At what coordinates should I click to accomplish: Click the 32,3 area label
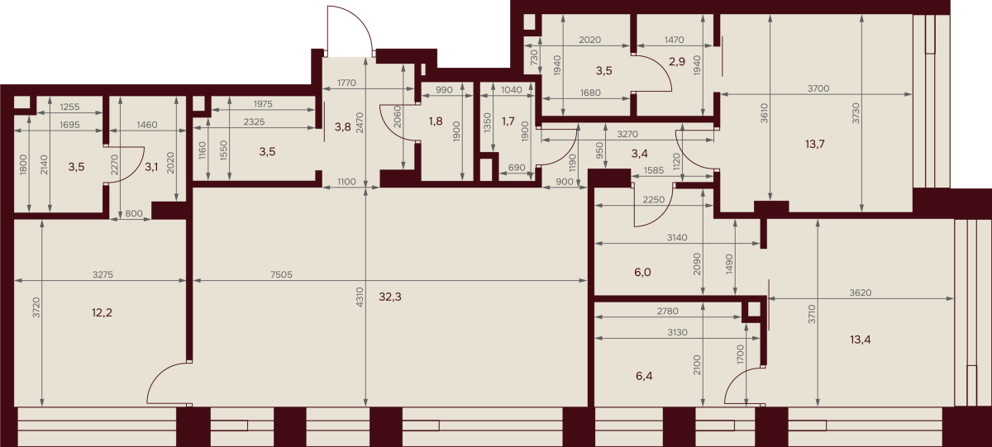point(389,297)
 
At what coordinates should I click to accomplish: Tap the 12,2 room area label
point(102,313)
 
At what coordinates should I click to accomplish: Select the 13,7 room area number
point(815,145)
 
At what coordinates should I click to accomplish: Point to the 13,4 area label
point(861,340)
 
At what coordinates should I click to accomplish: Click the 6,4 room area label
point(644,376)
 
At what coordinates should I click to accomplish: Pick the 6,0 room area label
point(642,272)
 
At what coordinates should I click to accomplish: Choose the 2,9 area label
point(677,61)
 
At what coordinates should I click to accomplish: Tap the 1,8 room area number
point(436,121)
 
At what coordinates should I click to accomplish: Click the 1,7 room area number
point(508,121)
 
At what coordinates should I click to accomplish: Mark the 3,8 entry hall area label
point(343,127)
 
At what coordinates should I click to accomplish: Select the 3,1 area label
point(151,167)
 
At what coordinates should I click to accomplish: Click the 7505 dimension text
point(281,275)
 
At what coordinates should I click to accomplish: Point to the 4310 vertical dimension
point(359,297)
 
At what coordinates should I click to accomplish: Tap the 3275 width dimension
point(103,275)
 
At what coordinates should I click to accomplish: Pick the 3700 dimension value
point(818,88)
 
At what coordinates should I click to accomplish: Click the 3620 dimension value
point(861,292)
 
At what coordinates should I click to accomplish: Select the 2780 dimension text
point(668,311)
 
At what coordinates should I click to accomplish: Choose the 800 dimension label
point(134,214)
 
